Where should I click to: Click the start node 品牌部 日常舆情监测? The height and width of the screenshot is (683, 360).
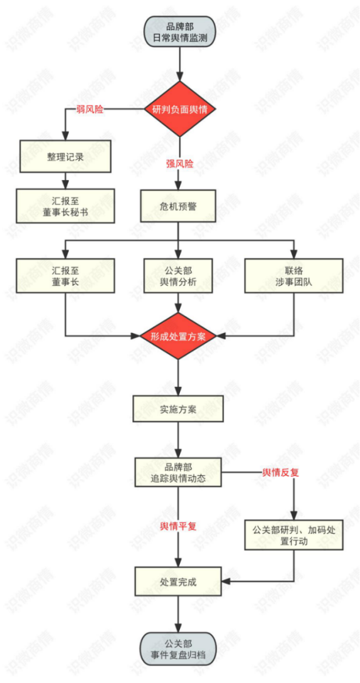[x=179, y=31]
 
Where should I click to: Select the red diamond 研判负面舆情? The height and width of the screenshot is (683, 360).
[x=179, y=109]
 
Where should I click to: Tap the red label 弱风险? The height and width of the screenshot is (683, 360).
[x=91, y=110]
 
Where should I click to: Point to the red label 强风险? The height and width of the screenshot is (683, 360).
[x=179, y=163]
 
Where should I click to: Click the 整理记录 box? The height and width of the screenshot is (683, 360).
[x=65, y=156]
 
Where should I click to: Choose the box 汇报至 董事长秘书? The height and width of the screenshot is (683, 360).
[x=65, y=206]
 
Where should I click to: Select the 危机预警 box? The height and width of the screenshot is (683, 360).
[x=179, y=206]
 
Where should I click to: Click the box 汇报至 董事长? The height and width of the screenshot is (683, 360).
[x=65, y=275]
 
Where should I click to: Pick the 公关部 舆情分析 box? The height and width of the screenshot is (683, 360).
[x=179, y=275]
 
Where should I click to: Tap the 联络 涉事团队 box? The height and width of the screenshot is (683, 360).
[x=294, y=275]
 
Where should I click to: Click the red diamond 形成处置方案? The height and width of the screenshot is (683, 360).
[x=179, y=336]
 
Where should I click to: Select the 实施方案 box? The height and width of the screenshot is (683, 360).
[x=179, y=409]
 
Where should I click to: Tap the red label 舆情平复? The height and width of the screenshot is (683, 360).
[x=179, y=526]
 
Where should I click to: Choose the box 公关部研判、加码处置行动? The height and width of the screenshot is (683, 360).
[x=294, y=536]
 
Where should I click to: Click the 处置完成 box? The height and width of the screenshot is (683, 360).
[x=179, y=581]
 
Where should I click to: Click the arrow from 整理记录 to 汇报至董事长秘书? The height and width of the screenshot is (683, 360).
[x=65, y=181]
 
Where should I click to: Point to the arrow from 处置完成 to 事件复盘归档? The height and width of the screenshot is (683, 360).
[x=179, y=615]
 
